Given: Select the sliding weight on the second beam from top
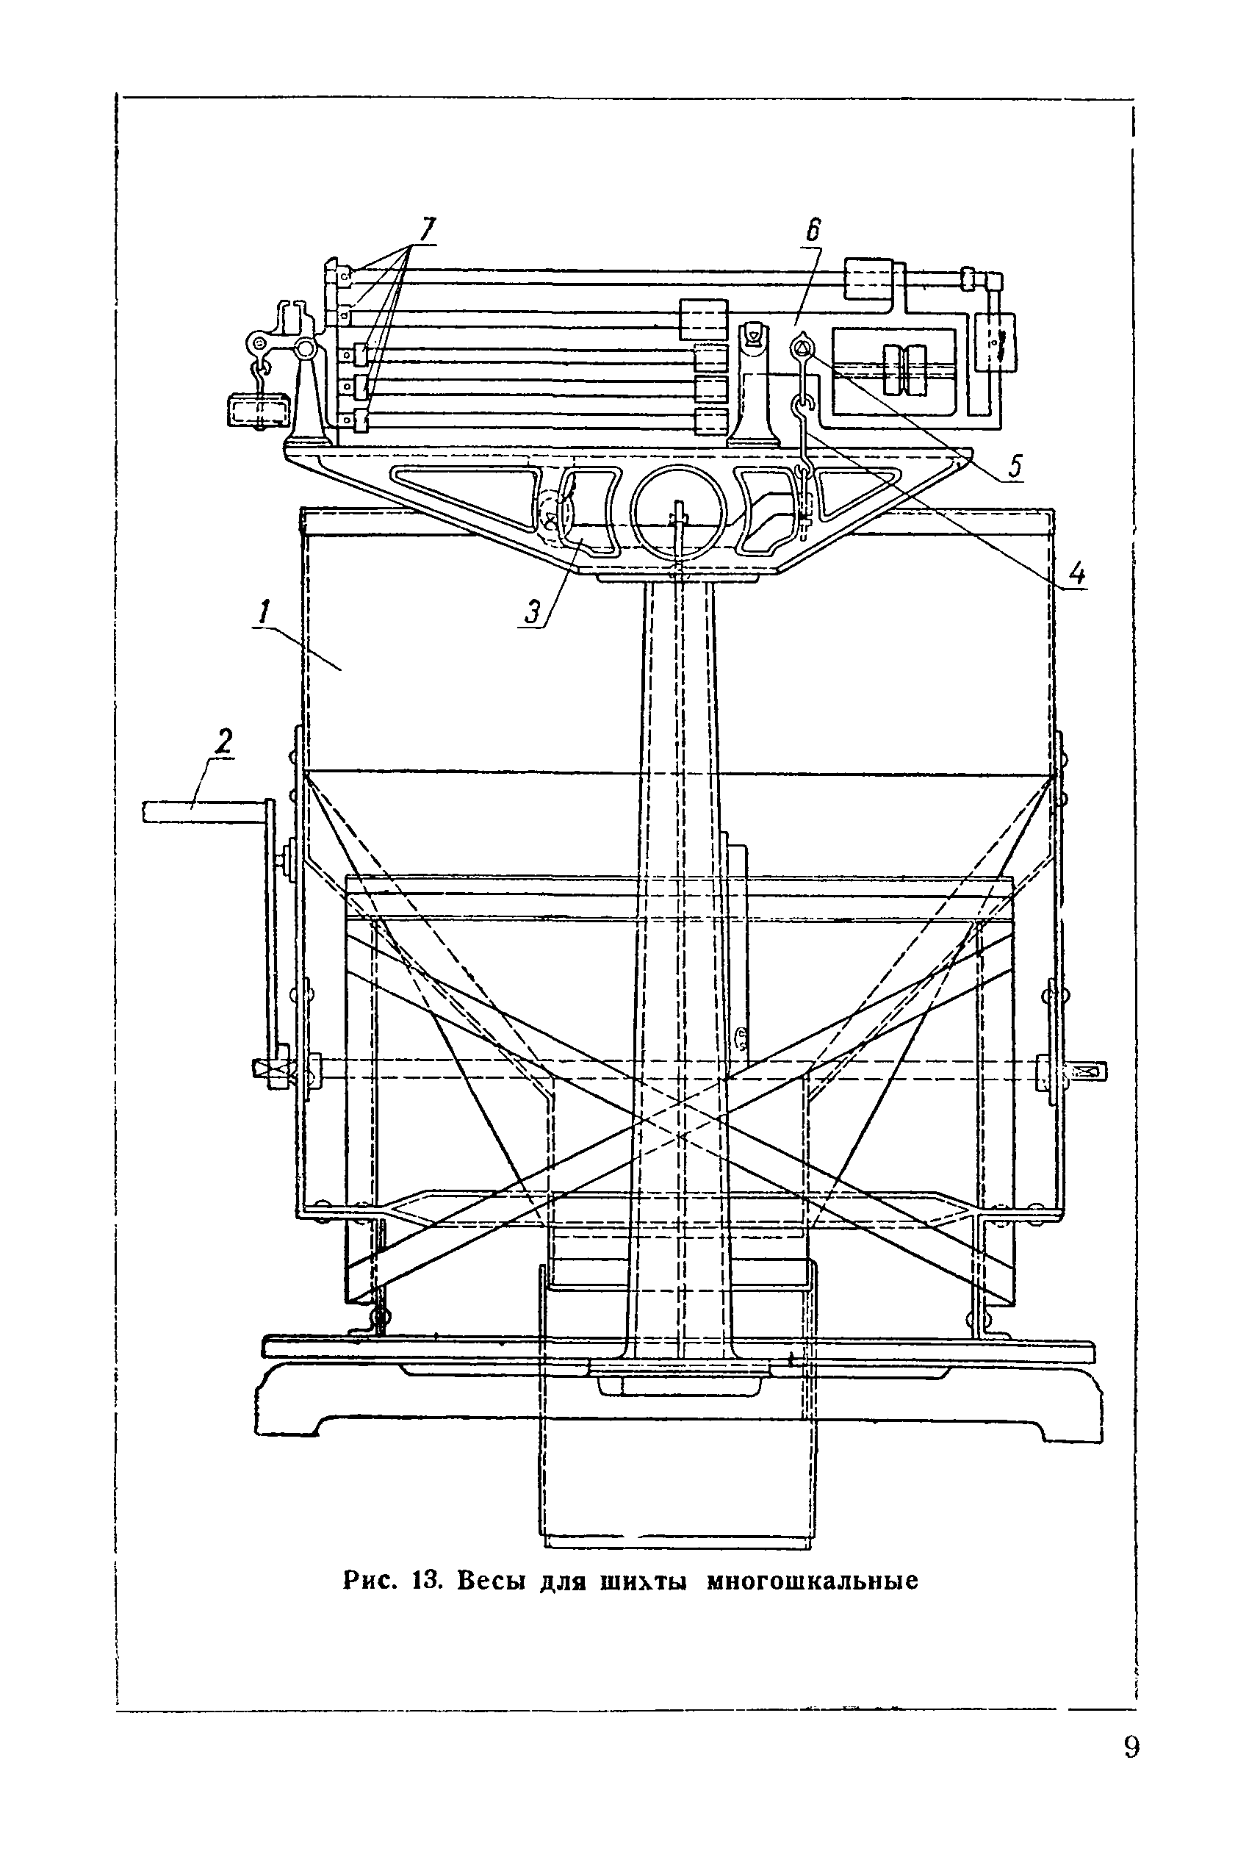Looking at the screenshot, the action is (x=703, y=320).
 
